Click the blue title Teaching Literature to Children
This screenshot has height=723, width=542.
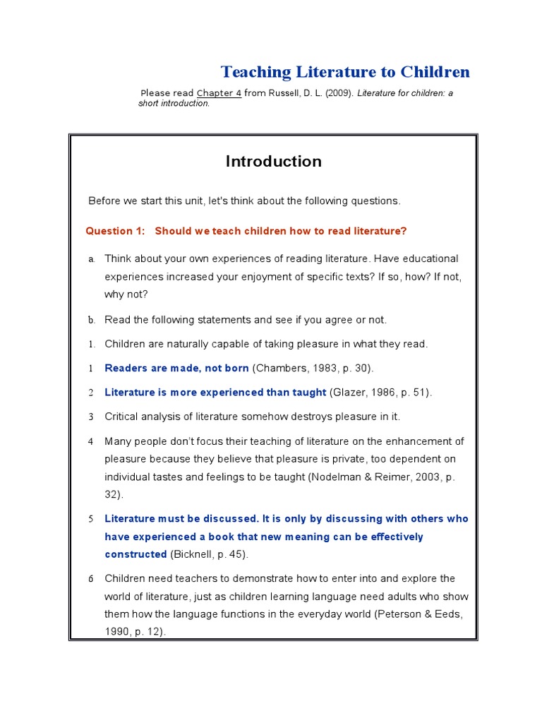344,72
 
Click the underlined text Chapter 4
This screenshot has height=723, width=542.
219,93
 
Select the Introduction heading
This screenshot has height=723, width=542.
273,162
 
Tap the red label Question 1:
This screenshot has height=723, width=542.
114,231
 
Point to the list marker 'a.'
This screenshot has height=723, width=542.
91,259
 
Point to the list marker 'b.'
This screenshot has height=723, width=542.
91,320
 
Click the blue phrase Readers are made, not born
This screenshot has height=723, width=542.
176,368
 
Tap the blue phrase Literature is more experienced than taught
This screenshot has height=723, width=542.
215,393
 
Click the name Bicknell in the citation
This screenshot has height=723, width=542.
198,554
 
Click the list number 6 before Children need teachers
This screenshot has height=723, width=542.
91,579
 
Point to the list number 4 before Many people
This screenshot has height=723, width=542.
91,441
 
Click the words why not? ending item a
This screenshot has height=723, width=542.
126,294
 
